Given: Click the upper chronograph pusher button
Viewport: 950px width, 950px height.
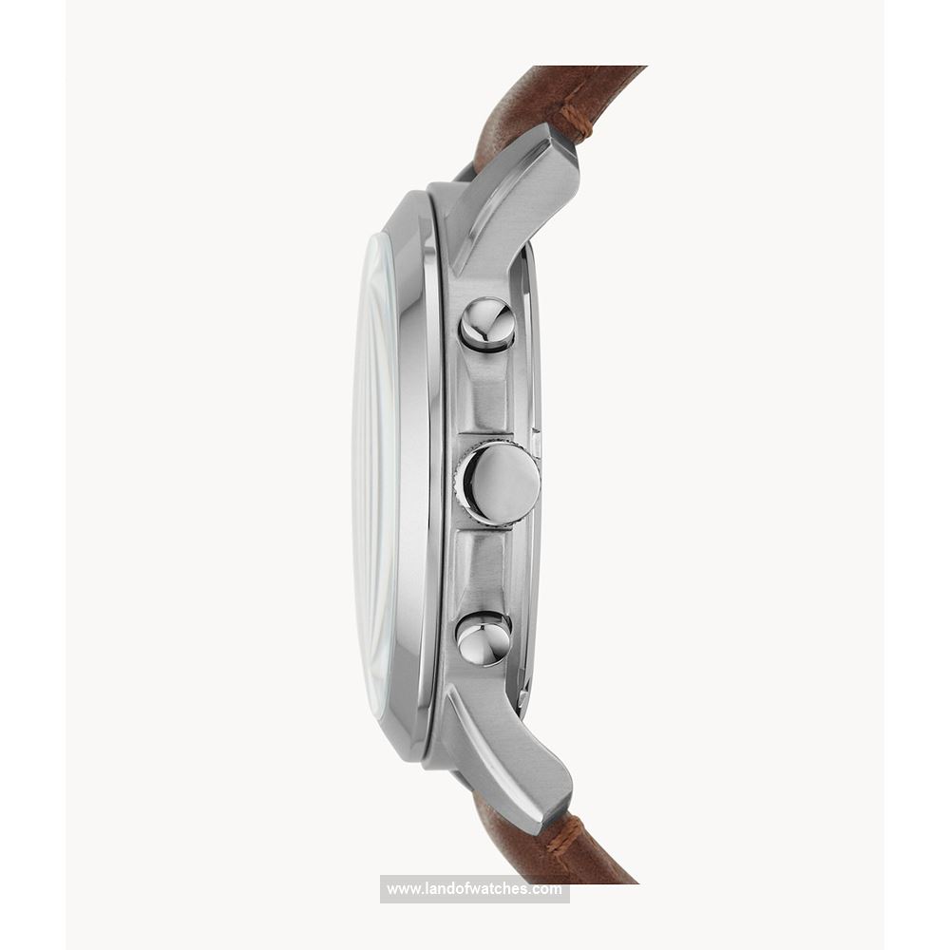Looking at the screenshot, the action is (x=486, y=325).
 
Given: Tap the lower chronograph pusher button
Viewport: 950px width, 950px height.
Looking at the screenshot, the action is (x=483, y=638).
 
